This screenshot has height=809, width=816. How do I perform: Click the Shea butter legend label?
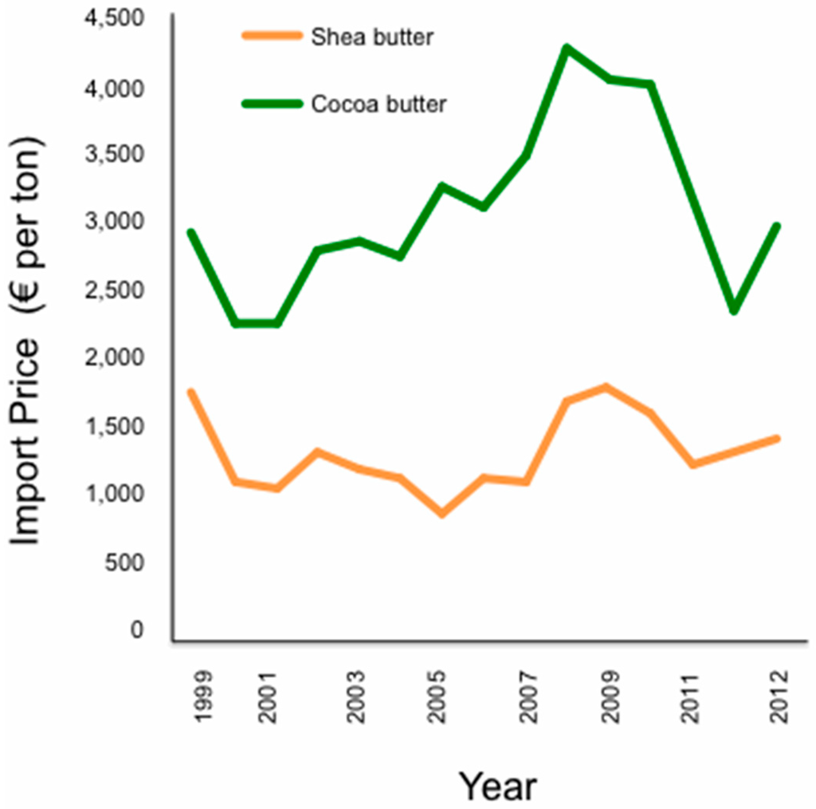point(373,37)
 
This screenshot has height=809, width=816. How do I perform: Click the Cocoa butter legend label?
point(379,104)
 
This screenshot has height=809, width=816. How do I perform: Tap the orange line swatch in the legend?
point(272,36)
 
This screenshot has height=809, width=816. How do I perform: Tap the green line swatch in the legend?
point(272,104)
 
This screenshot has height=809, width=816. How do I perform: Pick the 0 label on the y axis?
point(138,631)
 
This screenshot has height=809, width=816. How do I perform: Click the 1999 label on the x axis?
point(203,694)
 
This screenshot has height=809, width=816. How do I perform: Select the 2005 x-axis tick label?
point(437,694)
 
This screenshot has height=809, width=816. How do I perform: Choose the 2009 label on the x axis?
point(610,694)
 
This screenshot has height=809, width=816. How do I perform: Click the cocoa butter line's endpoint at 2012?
point(776,226)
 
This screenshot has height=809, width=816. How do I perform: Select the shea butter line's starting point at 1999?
point(190,392)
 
